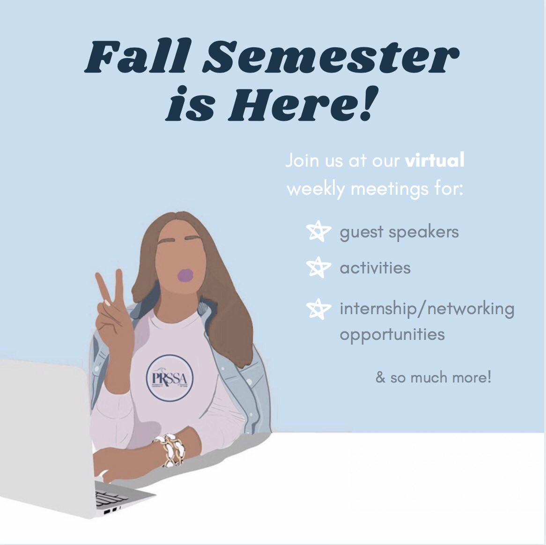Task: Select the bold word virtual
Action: pos(435,161)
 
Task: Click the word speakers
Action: pos(426,232)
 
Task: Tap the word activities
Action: pos(375,268)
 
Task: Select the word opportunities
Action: pos(392,334)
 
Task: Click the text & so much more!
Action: pos(433,377)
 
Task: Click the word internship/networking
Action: pos(427,309)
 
